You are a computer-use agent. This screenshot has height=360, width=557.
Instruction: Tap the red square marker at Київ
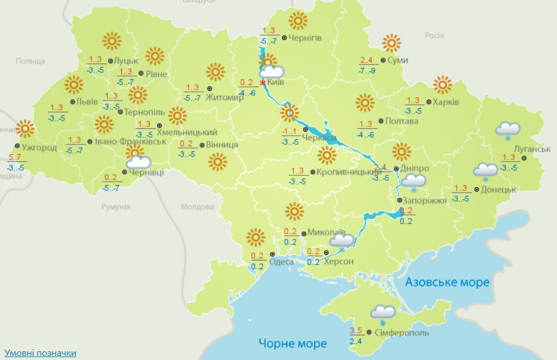(x=263, y=83)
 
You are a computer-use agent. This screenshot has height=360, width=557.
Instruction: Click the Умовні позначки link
(x=40, y=353)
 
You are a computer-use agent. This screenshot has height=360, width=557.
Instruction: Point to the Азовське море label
(x=447, y=282)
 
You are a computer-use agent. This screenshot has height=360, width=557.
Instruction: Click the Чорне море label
(x=292, y=344)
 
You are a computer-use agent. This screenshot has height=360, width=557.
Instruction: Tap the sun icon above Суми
(x=391, y=43)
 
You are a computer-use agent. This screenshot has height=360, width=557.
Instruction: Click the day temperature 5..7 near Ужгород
(x=16, y=157)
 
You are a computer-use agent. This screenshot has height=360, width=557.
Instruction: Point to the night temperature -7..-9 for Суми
(x=367, y=70)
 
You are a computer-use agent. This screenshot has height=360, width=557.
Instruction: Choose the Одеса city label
(x=281, y=262)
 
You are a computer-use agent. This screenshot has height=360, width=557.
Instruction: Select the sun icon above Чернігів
(x=297, y=21)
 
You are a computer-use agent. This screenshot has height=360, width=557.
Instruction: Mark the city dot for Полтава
(x=381, y=121)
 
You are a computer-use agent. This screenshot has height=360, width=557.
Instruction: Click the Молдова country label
(x=197, y=206)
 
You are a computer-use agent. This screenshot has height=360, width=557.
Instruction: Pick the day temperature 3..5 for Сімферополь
(x=356, y=331)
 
